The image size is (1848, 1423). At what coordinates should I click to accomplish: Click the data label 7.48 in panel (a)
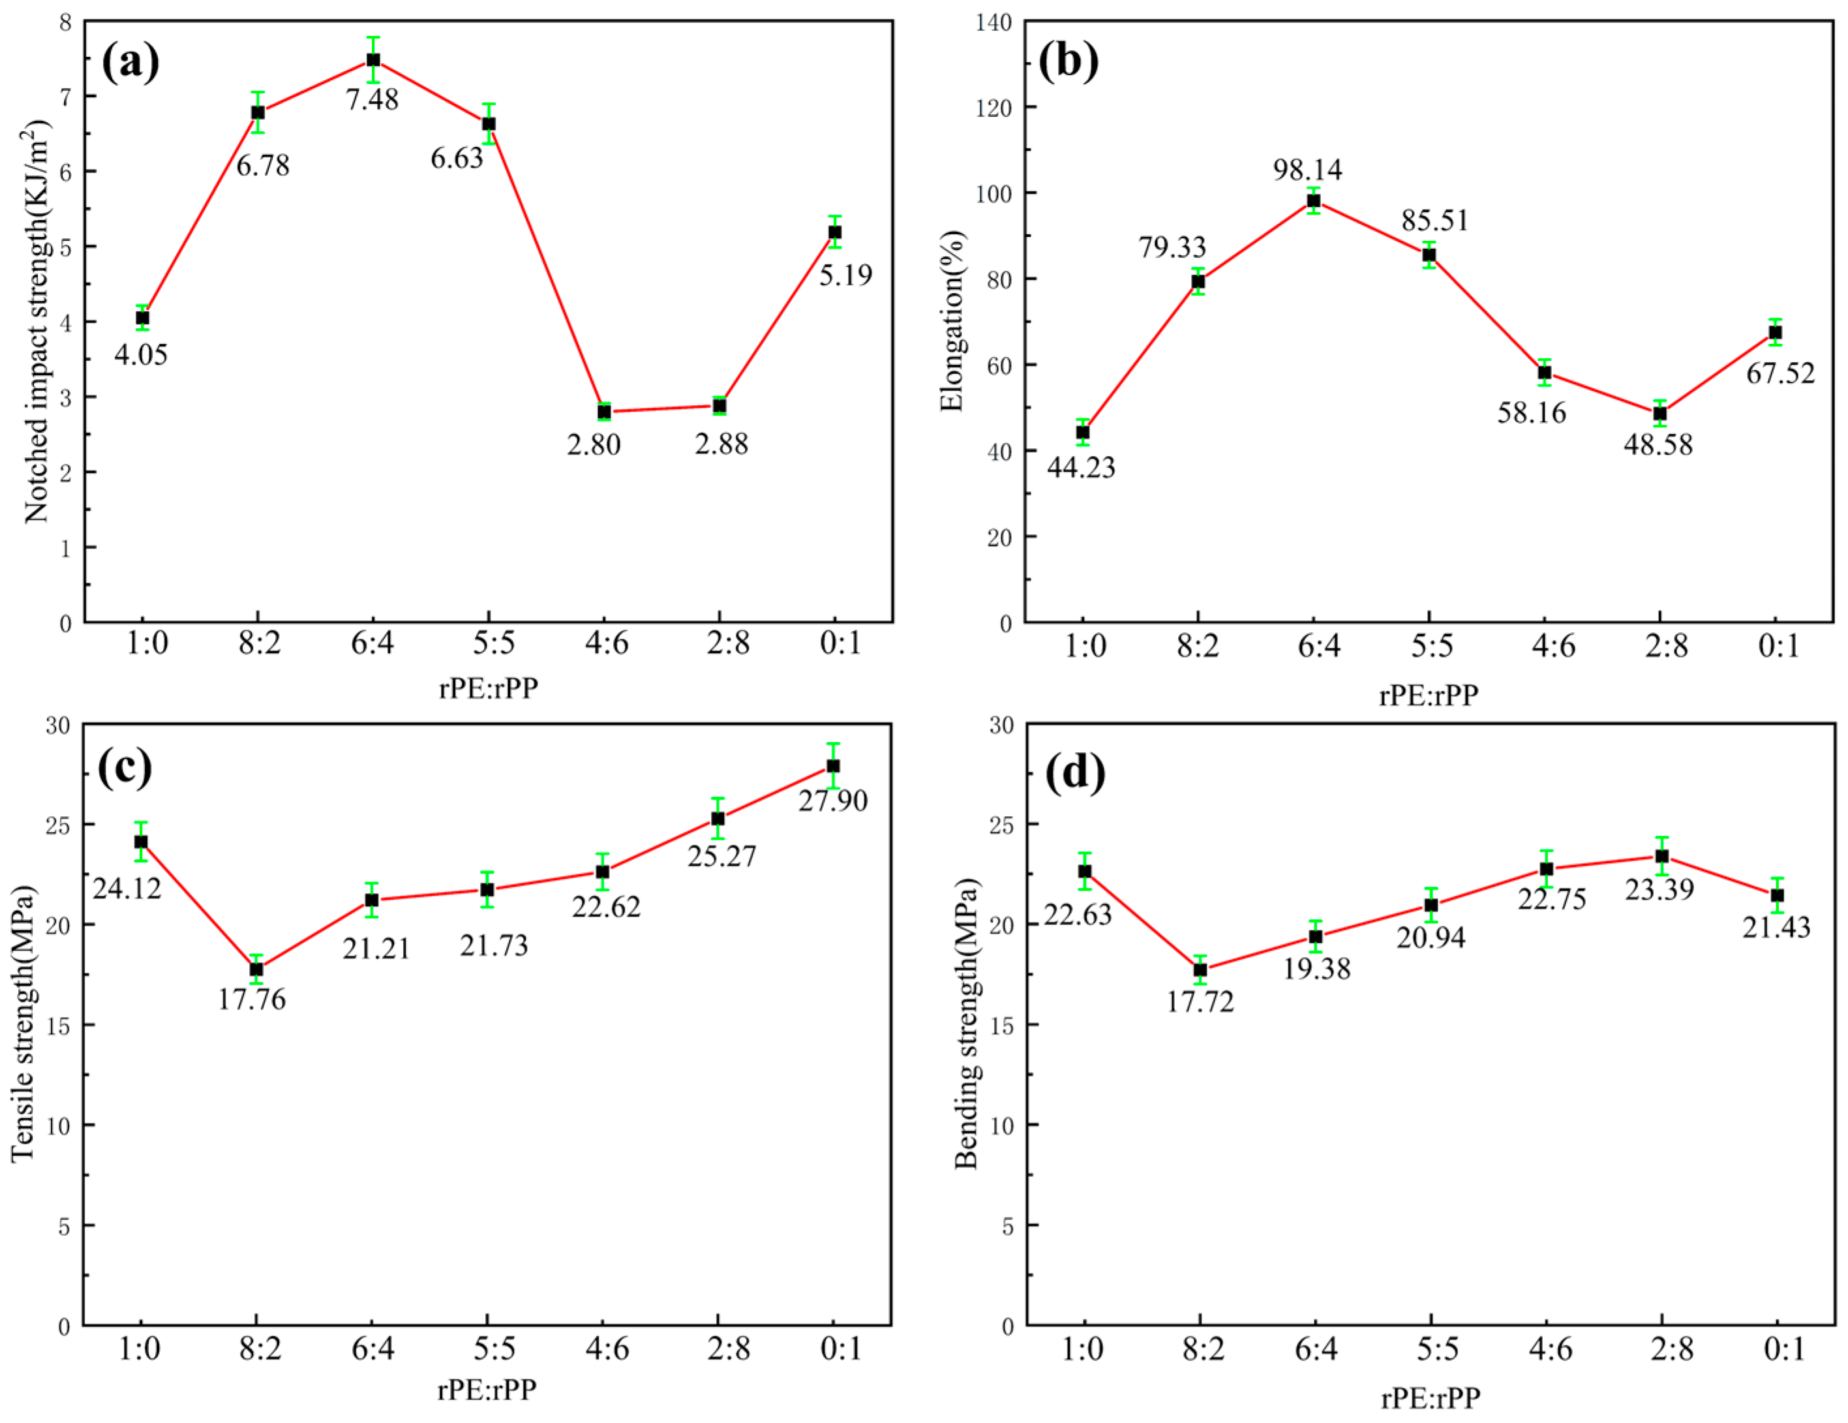pyautogui.click(x=372, y=100)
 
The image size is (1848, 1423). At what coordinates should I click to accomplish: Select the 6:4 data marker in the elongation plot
pyautogui.click(x=1314, y=200)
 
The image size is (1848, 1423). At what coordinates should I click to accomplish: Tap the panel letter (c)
pyautogui.click(x=125, y=767)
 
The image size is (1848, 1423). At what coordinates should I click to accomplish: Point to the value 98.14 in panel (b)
pyautogui.click(x=1307, y=170)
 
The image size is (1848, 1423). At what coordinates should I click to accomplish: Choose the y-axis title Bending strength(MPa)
pyautogui.click(x=965, y=1024)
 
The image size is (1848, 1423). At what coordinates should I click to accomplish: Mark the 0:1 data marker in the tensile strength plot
pyautogui.click(x=834, y=766)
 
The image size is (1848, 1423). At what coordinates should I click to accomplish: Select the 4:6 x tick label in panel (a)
pyautogui.click(x=607, y=643)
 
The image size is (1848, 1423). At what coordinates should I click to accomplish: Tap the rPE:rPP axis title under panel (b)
pyautogui.click(x=1429, y=695)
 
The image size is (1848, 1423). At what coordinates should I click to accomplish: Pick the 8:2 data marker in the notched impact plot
pyautogui.click(x=258, y=113)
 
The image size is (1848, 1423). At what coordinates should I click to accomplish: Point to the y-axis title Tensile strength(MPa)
pyautogui.click(x=23, y=1024)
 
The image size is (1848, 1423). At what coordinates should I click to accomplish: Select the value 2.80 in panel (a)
pyautogui.click(x=594, y=444)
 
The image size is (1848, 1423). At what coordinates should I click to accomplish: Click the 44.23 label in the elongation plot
pyautogui.click(x=1082, y=467)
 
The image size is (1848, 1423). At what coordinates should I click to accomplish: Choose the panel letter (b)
pyautogui.click(x=1068, y=61)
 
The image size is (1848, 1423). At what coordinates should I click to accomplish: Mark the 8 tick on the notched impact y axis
pyautogui.click(x=66, y=22)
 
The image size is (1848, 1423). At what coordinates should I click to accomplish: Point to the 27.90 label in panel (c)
pyautogui.click(x=834, y=801)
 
